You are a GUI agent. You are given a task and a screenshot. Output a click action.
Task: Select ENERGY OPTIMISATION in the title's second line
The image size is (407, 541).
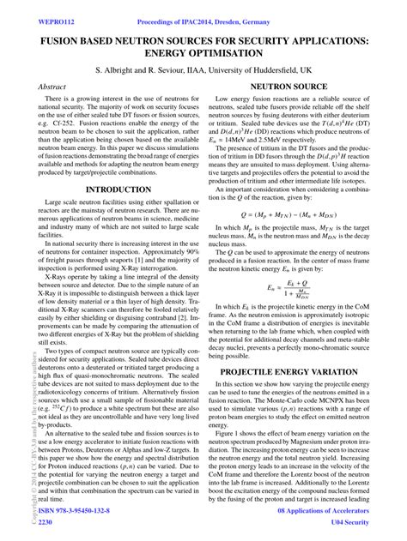203,55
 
